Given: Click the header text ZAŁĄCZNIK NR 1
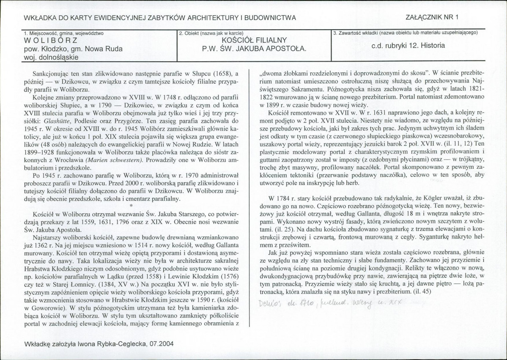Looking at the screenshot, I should coord(434,17).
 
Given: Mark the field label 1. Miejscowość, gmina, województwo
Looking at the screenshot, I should coord(64,33).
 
